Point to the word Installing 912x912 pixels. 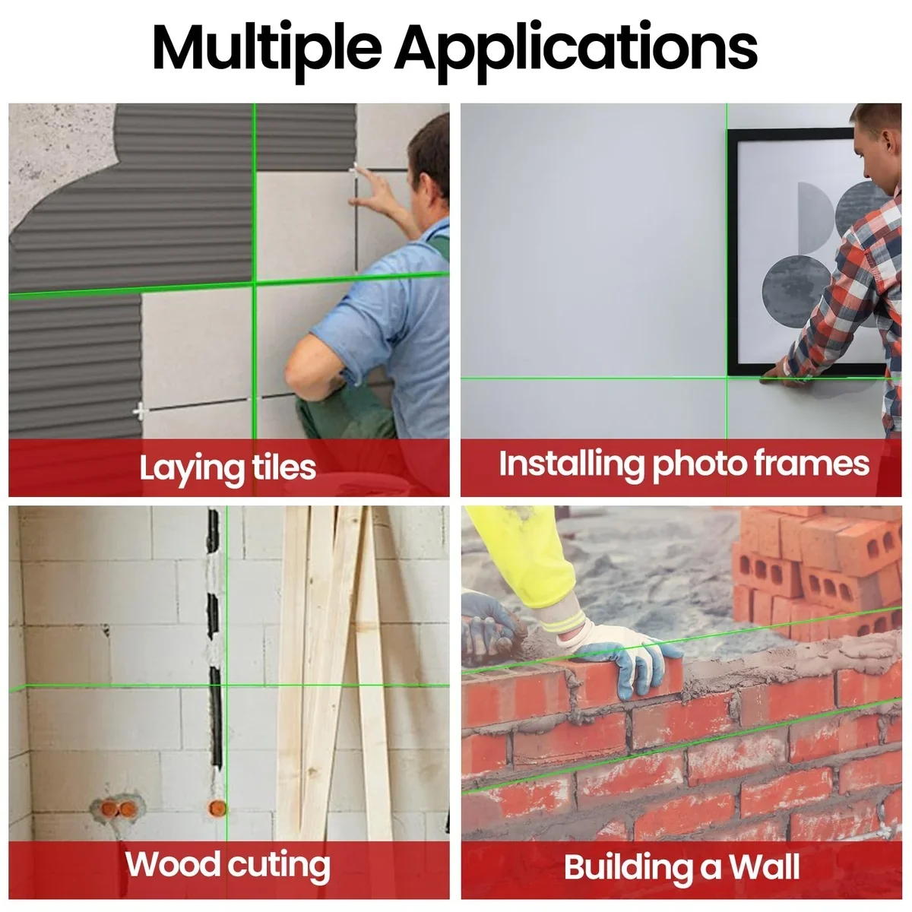pos(570,464)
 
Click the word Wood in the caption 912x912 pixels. pos(173,864)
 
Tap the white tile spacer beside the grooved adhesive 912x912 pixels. pos(141,412)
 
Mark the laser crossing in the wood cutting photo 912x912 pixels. pos(226,686)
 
